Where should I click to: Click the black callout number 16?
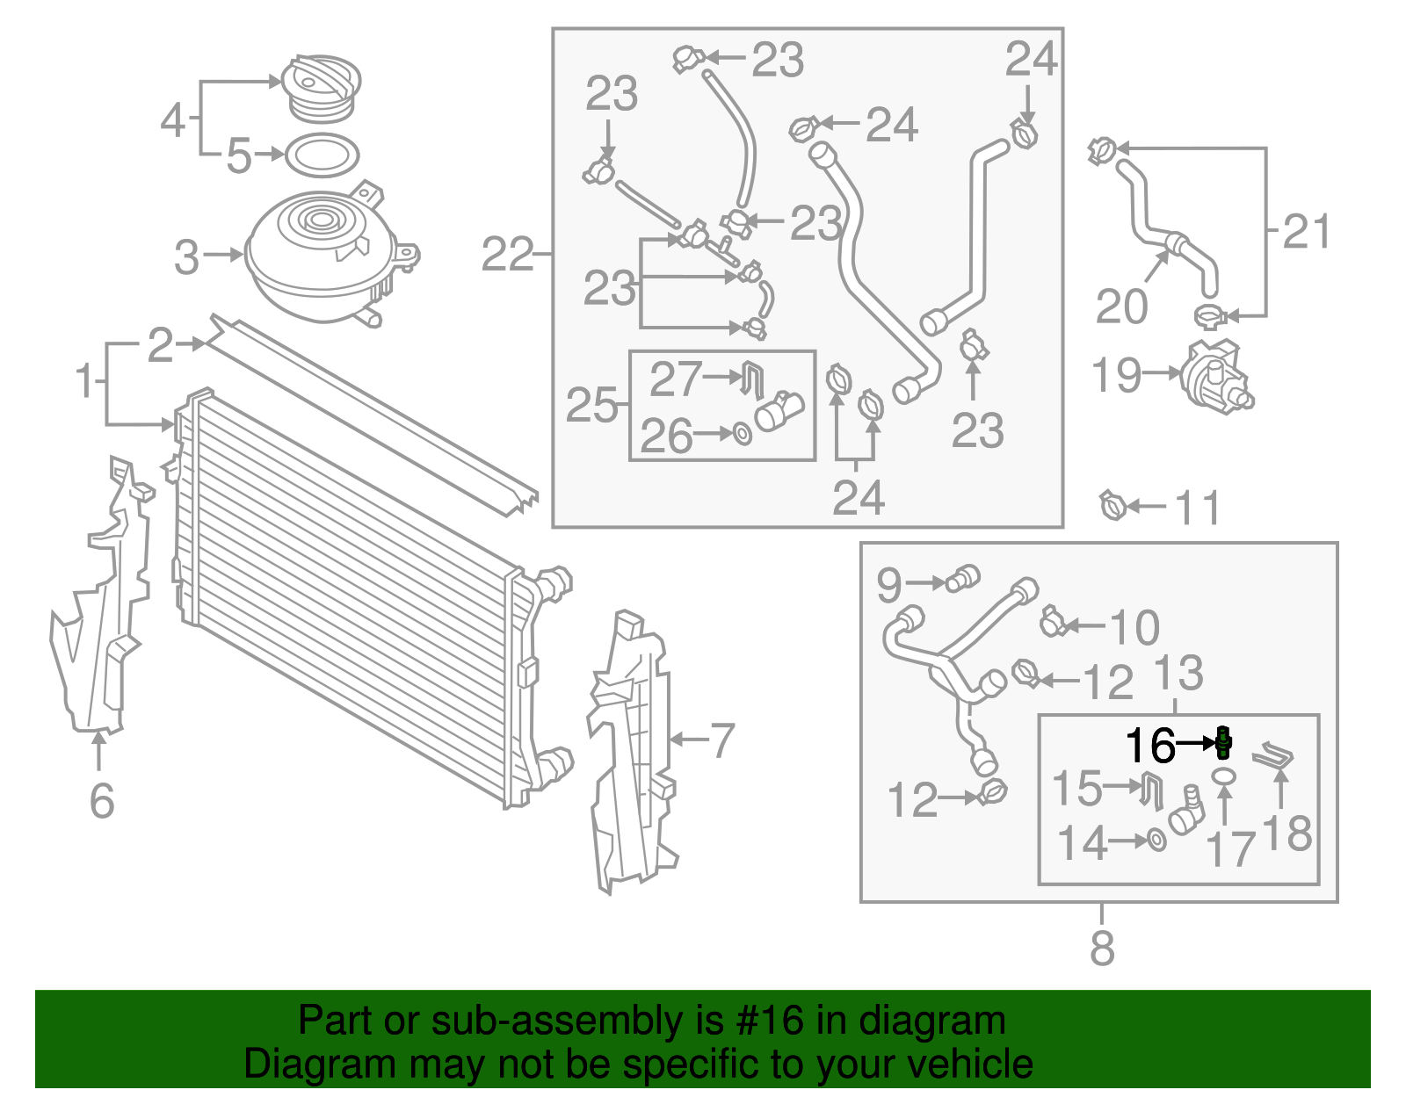coord(1150,746)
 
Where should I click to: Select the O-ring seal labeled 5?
coord(323,155)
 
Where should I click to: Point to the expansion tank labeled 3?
coord(321,255)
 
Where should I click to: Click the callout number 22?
coord(508,256)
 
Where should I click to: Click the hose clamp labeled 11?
coord(1112,506)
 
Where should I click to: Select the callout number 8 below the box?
coord(1102,949)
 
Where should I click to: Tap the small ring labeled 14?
coord(1157,841)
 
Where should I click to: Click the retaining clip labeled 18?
coord(1274,757)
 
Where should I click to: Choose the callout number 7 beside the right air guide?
coord(721,740)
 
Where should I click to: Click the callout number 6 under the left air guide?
coord(102,800)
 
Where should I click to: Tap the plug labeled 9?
coord(962,579)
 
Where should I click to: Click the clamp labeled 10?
coord(1052,621)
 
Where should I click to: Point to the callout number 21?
coord(1307,232)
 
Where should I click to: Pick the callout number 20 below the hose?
coord(1122,307)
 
